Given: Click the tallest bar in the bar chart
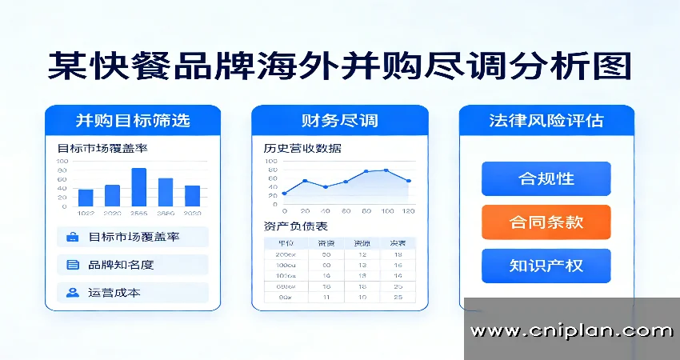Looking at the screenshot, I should point(138,186).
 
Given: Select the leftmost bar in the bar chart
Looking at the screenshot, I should point(86,197).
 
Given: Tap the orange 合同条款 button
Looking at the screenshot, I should point(546,222).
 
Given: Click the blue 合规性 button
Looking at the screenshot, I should point(546,178).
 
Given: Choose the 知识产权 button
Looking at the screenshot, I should point(546,266).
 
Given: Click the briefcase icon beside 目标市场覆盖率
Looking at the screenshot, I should point(73,237).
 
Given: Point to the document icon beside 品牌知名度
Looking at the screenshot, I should point(73,265).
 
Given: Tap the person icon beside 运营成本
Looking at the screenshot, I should point(73,293).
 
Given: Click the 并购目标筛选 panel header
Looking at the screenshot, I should point(133,121).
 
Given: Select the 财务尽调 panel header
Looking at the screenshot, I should point(339,121).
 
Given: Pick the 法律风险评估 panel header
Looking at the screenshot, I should point(546,121).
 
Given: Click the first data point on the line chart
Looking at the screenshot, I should point(284,194).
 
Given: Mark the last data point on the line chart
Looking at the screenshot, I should point(409,181).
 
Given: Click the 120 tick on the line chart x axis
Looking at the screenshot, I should point(408,210).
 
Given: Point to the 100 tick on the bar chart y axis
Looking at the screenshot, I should point(62,162).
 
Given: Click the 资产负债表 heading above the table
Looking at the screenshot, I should point(295,226).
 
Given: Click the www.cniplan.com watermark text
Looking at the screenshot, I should point(571,330).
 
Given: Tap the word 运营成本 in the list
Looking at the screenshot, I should point(114,293).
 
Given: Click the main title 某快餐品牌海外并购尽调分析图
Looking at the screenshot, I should point(339,66).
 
